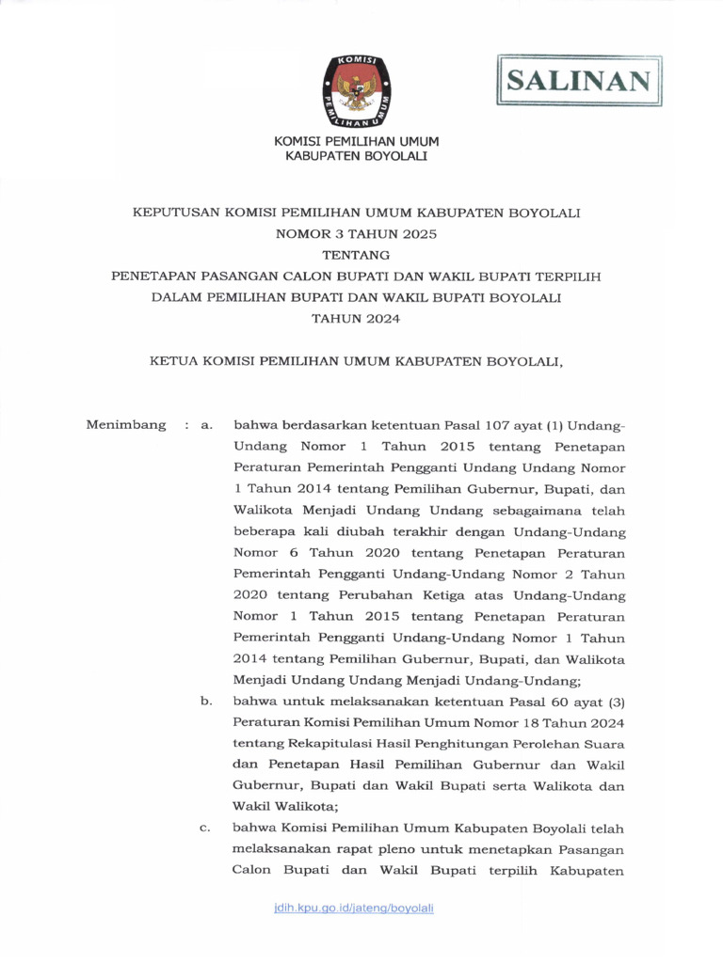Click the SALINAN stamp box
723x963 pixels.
point(579,80)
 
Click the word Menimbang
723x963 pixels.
point(126,425)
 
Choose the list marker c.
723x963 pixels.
point(205,829)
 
